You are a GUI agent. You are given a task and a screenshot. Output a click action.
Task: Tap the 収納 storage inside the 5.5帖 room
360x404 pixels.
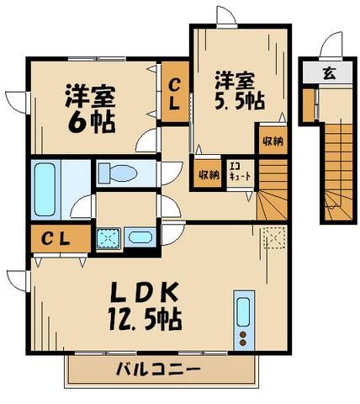tap(271, 141)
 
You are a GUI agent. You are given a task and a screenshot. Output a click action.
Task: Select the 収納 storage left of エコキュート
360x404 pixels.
tap(208, 174)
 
